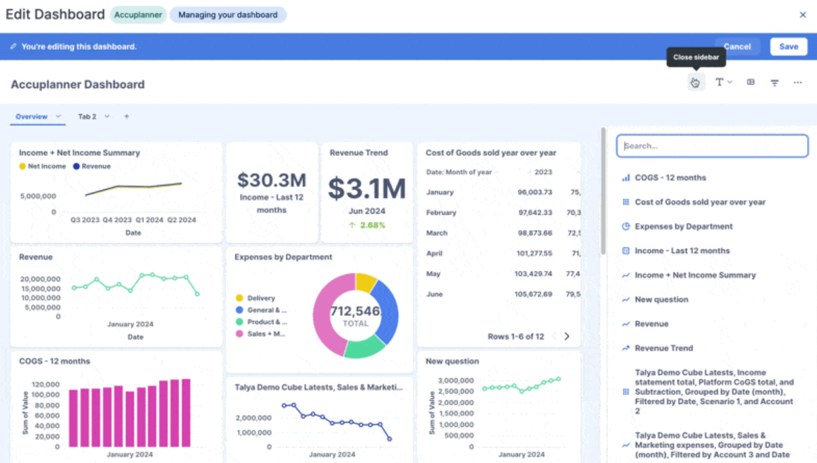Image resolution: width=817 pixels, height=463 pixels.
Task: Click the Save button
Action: pos(789,46)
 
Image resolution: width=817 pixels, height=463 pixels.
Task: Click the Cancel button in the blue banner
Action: pos(737,46)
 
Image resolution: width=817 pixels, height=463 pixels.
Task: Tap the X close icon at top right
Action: pos(802,15)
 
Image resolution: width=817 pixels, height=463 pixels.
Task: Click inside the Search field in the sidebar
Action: pos(712,146)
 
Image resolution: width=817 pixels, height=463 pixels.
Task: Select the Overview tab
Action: pos(32,116)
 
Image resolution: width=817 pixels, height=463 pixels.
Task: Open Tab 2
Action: pos(87,116)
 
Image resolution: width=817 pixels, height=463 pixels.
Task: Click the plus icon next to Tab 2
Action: pos(126,116)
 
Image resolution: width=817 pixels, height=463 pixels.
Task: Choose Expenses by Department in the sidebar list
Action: pos(683,227)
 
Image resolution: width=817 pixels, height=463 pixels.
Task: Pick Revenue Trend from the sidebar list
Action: pos(664,349)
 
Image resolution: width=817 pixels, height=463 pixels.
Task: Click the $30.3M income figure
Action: pos(271,180)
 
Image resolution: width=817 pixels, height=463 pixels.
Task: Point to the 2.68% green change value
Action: pos(372,225)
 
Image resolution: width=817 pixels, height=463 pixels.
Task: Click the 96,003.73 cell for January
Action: pos(534,193)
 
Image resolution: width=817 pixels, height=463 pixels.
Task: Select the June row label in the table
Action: pos(434,295)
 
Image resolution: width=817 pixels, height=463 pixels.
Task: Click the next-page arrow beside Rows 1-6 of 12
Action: pos(567,336)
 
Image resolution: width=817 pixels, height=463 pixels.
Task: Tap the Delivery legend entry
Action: pos(261,298)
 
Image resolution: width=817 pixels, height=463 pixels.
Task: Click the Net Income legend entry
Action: pos(46,166)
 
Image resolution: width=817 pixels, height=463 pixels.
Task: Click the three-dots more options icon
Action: pos(798,82)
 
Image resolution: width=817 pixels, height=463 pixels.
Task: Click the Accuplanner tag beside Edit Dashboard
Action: pos(138,15)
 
